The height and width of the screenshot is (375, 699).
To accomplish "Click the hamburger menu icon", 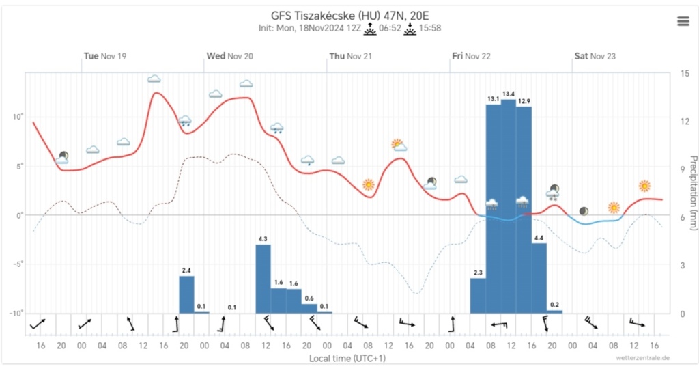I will coord(683,21).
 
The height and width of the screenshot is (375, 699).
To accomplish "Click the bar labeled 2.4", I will coord(186,294).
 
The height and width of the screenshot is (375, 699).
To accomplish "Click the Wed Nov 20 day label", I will coord(229,56).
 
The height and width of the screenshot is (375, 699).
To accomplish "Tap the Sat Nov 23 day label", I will coord(594,56).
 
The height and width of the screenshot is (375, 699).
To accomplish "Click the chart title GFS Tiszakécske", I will coord(349,16).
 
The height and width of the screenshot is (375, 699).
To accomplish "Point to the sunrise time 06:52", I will coord(390,29).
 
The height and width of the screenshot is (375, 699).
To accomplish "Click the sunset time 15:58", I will coord(430,29).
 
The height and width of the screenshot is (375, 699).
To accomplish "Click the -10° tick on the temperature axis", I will coord(14,314).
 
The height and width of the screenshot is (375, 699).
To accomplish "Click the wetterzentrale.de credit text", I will coord(641,358).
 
